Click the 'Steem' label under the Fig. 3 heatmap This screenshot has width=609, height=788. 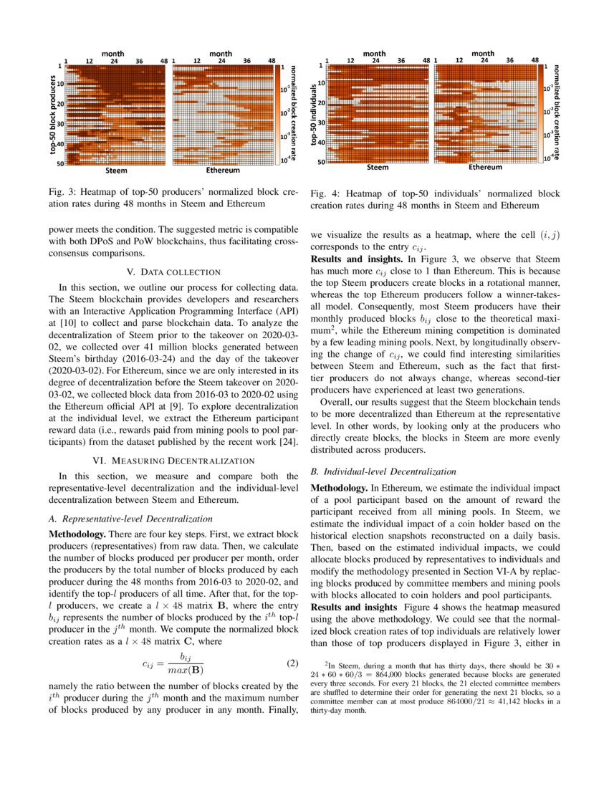[x=116, y=171]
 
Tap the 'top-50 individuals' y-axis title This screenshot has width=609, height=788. [x=315, y=115]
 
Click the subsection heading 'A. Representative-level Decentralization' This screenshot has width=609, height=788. [x=135, y=519]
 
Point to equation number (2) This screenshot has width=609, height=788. [x=292, y=663]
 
